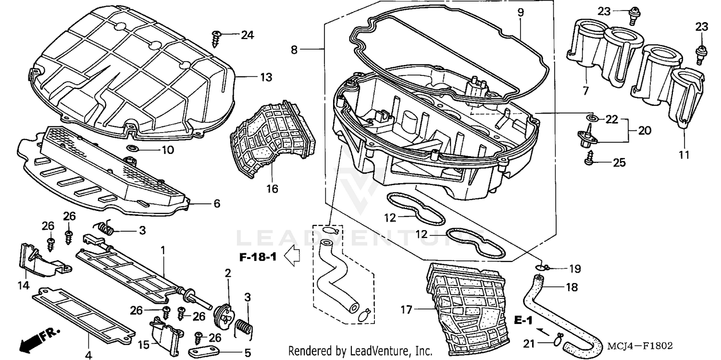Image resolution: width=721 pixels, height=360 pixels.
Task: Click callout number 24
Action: click(x=248, y=35)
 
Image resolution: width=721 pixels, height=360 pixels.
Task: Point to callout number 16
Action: click(x=272, y=189)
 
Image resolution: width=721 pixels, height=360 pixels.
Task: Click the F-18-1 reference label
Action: click(x=258, y=257)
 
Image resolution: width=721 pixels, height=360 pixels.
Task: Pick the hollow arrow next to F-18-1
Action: click(x=293, y=257)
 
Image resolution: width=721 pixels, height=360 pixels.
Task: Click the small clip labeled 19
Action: click(x=542, y=267)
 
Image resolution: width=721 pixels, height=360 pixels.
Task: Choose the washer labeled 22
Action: click(x=591, y=118)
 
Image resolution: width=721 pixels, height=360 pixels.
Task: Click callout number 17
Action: click(x=407, y=310)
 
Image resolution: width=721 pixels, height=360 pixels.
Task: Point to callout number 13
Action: click(x=266, y=77)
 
